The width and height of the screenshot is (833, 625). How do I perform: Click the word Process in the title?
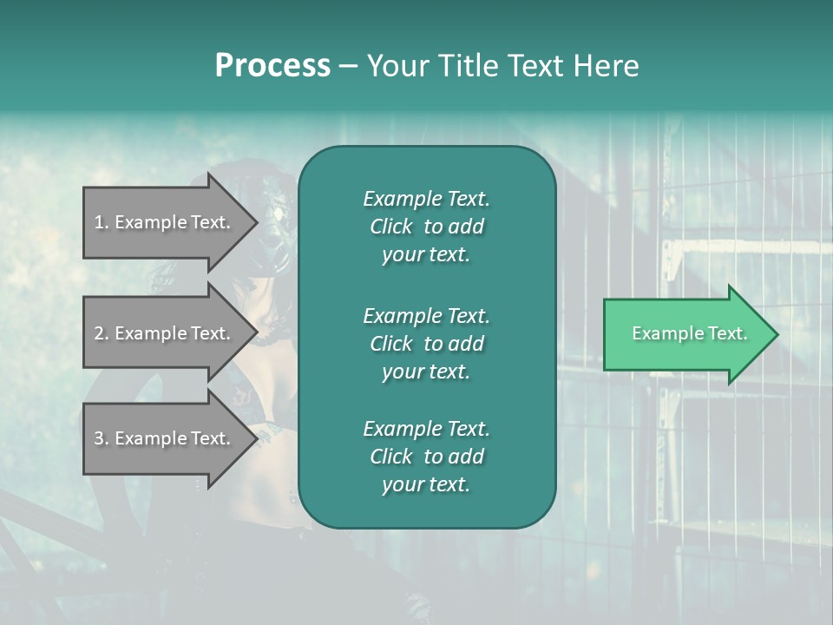pyautogui.click(x=273, y=66)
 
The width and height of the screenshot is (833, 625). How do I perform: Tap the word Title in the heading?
pyautogui.click(x=469, y=65)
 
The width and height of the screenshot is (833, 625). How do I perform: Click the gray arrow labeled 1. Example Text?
pyautogui.click(x=170, y=222)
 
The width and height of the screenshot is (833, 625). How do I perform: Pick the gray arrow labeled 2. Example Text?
pyautogui.click(x=170, y=332)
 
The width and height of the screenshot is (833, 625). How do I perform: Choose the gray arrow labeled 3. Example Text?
pyautogui.click(x=170, y=438)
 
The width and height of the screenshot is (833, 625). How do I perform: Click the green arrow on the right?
pyautogui.click(x=691, y=334)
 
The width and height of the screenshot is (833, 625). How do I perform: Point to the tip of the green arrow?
pyautogui.click(x=778, y=334)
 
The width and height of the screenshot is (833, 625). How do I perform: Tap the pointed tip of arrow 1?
pyautogui.click(x=258, y=222)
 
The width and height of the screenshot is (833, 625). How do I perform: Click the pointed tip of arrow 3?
pyautogui.click(x=258, y=438)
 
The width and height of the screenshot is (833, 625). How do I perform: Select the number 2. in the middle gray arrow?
pyautogui.click(x=102, y=333)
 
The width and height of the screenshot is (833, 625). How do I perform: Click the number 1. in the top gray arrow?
pyautogui.click(x=102, y=222)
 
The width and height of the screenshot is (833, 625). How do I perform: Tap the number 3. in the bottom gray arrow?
pyautogui.click(x=102, y=438)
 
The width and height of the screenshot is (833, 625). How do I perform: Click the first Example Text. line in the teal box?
pyautogui.click(x=427, y=199)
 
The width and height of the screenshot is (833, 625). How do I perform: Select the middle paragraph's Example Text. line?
pyautogui.click(x=427, y=316)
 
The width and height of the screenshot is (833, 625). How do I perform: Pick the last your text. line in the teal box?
pyautogui.click(x=426, y=484)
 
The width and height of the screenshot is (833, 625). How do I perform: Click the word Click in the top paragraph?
pyautogui.click(x=391, y=227)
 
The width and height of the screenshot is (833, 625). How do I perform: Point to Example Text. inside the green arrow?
pyautogui.click(x=690, y=333)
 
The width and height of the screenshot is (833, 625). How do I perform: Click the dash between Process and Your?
pyautogui.click(x=349, y=67)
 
